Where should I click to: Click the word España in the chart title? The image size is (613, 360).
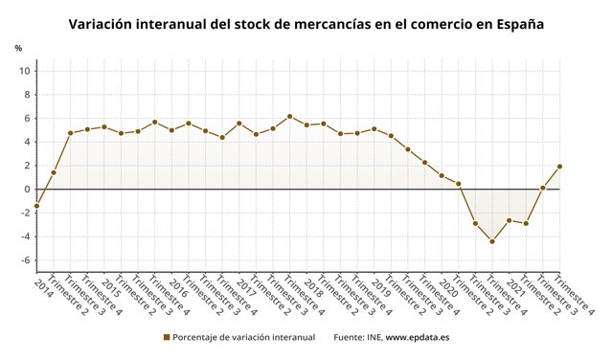515,26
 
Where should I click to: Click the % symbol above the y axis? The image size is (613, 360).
18,48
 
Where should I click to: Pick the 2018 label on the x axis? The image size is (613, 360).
314,288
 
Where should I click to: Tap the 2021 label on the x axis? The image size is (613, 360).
516,288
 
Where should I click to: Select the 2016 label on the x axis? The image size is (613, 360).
179,288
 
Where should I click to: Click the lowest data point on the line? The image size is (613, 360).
492,241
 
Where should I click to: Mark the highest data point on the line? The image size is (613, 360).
290,116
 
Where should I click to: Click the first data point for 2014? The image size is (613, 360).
36,206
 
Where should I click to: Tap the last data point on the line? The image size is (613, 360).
559,167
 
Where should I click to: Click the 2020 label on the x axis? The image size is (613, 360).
449,288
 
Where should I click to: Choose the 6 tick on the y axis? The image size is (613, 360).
29,119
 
